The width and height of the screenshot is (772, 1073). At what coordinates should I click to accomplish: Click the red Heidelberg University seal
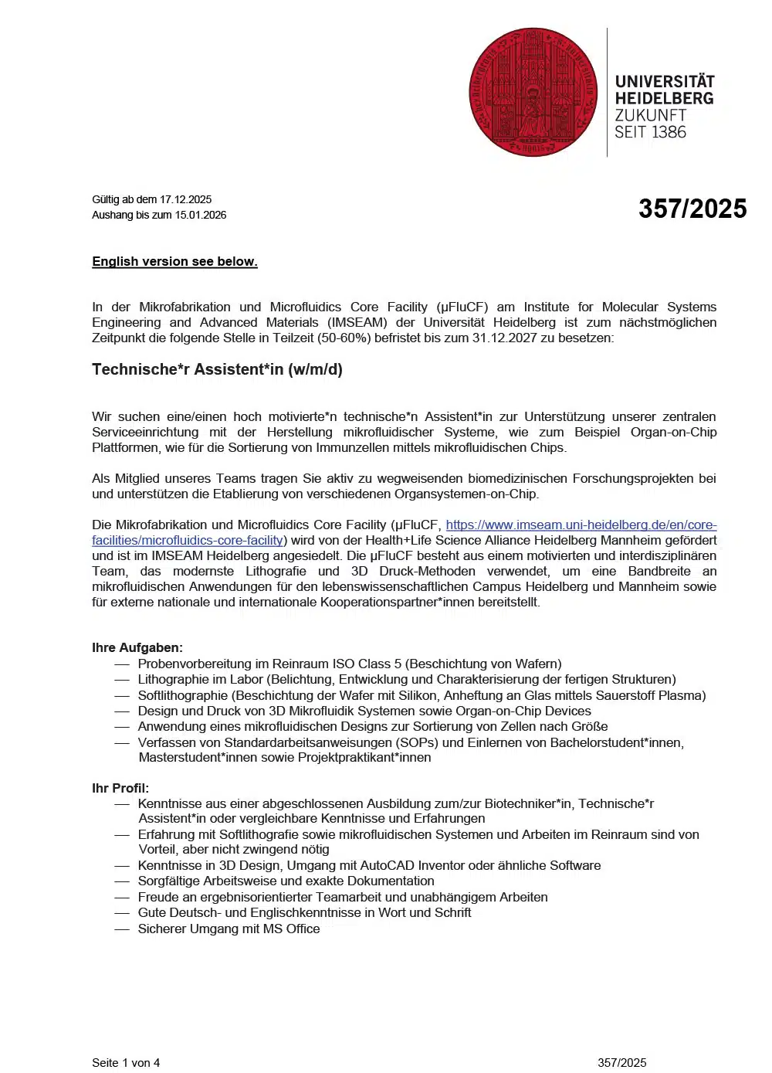click(533, 93)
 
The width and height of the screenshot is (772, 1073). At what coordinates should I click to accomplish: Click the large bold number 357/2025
click(692, 209)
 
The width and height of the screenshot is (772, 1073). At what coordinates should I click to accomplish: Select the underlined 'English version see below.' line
click(174, 261)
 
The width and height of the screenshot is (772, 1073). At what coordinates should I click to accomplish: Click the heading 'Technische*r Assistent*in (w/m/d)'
click(217, 369)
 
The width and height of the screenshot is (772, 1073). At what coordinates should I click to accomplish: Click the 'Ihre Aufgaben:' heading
click(137, 647)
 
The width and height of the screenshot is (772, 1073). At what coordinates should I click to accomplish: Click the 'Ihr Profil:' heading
click(120, 788)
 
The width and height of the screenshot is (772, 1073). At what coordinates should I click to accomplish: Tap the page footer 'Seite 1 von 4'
click(126, 1063)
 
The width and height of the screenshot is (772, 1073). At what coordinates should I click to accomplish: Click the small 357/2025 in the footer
click(621, 1063)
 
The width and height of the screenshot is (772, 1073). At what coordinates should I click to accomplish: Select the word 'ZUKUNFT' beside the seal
click(650, 115)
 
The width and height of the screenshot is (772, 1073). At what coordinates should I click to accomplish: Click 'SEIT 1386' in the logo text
click(650, 132)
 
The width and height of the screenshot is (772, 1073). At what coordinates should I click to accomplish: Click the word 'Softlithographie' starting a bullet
click(182, 695)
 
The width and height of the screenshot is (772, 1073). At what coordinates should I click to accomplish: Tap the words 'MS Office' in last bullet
click(291, 929)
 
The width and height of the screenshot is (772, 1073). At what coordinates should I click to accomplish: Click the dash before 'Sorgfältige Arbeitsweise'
click(122, 881)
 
